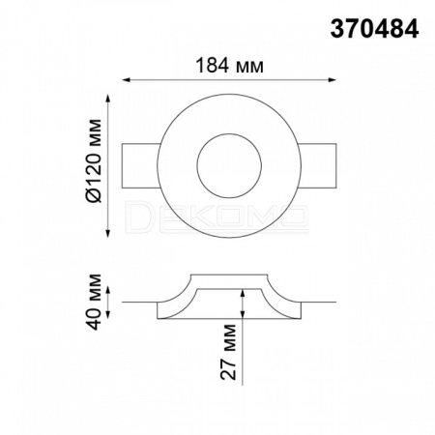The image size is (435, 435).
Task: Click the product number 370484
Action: point(374,29)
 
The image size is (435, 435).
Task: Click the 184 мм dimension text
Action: point(230,66)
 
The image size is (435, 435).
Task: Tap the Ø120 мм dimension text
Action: point(94,160)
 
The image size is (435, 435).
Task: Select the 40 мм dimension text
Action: point(94,302)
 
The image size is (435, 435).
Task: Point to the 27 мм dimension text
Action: point(228,352)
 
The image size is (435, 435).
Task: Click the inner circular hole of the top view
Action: point(229,166)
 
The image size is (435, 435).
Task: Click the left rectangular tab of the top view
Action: point(140,165)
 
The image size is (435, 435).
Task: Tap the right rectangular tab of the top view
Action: point(318,165)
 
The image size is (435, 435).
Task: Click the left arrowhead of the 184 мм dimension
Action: point(127,80)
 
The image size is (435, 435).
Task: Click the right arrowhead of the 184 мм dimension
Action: point(333,80)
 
